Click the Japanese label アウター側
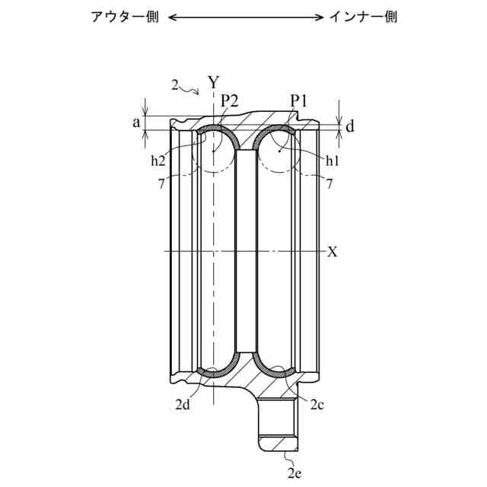point(125,17)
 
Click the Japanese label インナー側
point(363,17)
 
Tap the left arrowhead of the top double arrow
point(172,18)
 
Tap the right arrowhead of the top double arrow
point(320,18)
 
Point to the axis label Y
point(214,82)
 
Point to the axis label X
point(332,252)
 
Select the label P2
point(230,101)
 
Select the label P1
point(298,101)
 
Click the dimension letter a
point(136,123)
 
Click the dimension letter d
point(350,127)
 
